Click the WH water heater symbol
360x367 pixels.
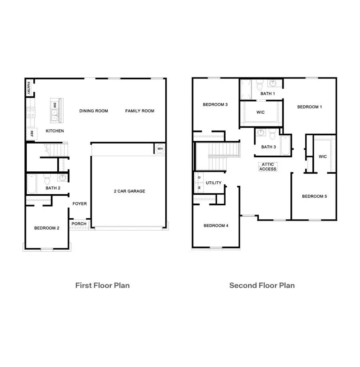pos(160,149)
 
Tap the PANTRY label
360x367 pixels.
pos(29,87)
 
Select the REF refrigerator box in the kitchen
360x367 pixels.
pos(29,134)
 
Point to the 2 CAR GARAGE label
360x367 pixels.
pos(129,191)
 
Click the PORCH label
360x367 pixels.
pos(79,224)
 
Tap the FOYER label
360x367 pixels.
pos(80,204)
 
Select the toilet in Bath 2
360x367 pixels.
pos(47,178)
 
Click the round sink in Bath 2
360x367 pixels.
pos(63,178)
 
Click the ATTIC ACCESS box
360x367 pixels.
pos(268,167)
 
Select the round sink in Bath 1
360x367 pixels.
pos(273,84)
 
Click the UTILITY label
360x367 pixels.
pos(214,183)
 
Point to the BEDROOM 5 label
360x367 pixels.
pos(314,196)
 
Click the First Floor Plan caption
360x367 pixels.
pos(102,285)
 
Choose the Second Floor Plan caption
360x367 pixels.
pos(262,285)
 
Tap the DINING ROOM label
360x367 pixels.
pos(94,111)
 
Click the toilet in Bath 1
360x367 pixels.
pos(259,85)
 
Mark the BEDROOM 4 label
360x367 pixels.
pos(216,226)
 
